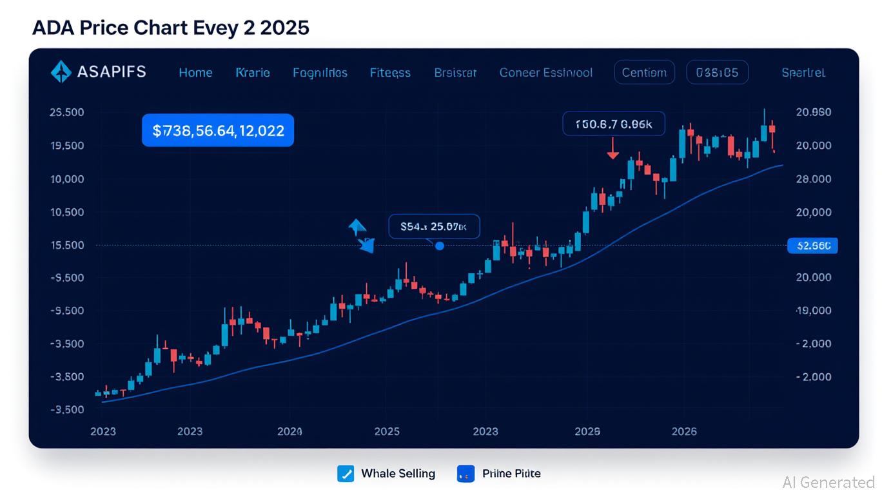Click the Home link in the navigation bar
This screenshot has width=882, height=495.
[x=195, y=73]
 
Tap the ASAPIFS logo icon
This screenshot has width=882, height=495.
[x=61, y=72]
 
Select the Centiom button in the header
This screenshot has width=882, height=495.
[x=644, y=73]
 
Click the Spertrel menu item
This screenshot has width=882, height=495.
[x=803, y=73]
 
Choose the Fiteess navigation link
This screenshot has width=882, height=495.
[x=390, y=73]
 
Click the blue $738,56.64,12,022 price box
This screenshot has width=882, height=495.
[x=218, y=131]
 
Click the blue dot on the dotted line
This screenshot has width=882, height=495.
[x=440, y=246]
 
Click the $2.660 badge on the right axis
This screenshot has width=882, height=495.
[x=812, y=246]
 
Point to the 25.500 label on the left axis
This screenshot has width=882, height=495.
[x=66, y=112]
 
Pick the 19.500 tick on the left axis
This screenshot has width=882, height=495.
[x=66, y=146]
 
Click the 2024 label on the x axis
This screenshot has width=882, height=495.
[x=289, y=431]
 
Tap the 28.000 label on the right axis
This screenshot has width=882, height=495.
[x=814, y=179]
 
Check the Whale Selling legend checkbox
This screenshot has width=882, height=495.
[x=346, y=474]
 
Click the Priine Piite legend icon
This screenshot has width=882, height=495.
[x=465, y=474]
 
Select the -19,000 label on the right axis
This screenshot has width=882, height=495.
[x=814, y=311]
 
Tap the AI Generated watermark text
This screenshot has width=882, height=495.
[x=828, y=482]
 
